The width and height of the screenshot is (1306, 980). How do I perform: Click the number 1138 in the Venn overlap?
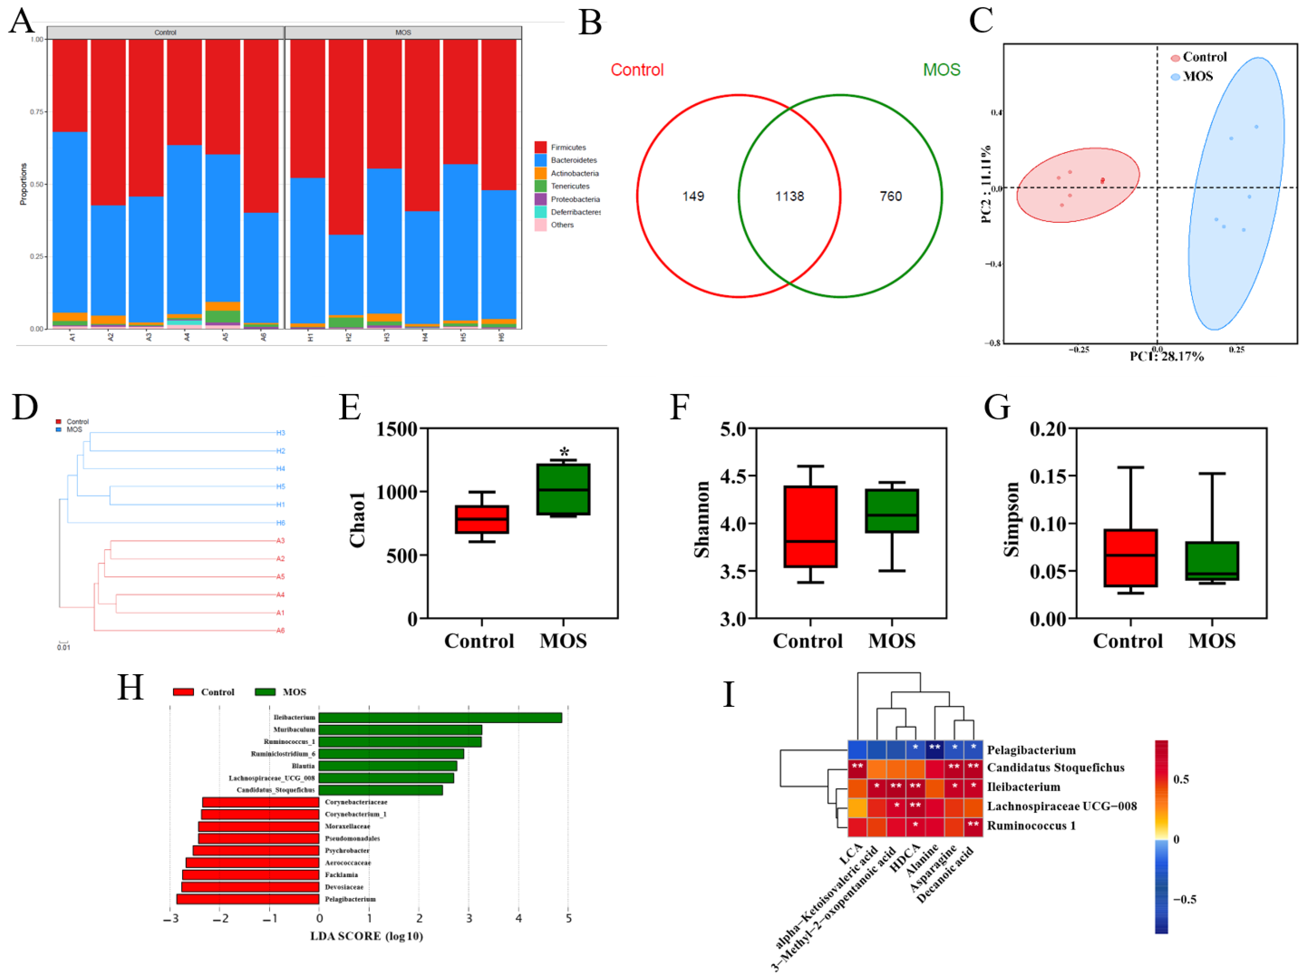point(789,196)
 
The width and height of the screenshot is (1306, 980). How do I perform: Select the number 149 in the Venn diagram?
point(693,196)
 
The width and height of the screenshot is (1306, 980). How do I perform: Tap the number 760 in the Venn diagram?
point(890,196)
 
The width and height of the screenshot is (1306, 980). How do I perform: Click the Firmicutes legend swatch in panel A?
point(540,147)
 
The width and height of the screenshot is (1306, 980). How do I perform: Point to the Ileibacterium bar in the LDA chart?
point(440,717)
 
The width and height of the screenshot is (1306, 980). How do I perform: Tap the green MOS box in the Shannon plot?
point(891,511)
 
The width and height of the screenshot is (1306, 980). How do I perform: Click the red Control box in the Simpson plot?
point(1130,558)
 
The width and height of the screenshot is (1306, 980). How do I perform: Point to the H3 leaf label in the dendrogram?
point(281,433)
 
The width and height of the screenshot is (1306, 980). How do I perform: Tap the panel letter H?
point(130,687)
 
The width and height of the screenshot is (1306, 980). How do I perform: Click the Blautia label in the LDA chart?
point(303,766)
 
